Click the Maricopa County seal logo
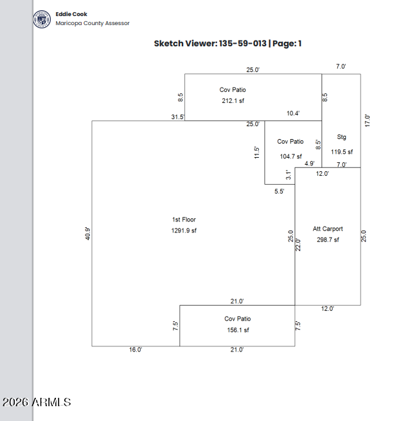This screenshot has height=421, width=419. pos(42,19)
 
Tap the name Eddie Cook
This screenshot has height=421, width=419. pos(71,14)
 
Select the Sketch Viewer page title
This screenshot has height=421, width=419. pos(227,44)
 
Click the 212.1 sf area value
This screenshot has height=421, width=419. pos(233,101)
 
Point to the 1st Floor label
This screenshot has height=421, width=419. pos(184,220)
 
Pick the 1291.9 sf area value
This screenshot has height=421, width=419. pos(184,230)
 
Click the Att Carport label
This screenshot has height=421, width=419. pos(328,229)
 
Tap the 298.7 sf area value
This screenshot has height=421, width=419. pos(328,239)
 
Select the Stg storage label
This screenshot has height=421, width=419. pos(341,137)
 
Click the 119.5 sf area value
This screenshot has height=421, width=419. pos(342,152)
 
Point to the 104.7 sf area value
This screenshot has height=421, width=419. pos(291,156)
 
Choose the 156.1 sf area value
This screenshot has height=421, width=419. pos(238,330)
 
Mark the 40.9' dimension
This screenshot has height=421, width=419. pos(87,233)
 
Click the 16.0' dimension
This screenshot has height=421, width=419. pos(136,350)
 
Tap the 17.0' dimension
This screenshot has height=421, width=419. pos(367,121)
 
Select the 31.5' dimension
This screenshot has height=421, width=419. pos(178,117)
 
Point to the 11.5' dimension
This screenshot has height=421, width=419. pos(256,153)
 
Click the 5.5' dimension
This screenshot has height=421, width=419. pos(279,191)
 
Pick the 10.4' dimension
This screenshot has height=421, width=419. pos(293,113)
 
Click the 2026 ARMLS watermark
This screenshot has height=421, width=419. pos(37,402)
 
